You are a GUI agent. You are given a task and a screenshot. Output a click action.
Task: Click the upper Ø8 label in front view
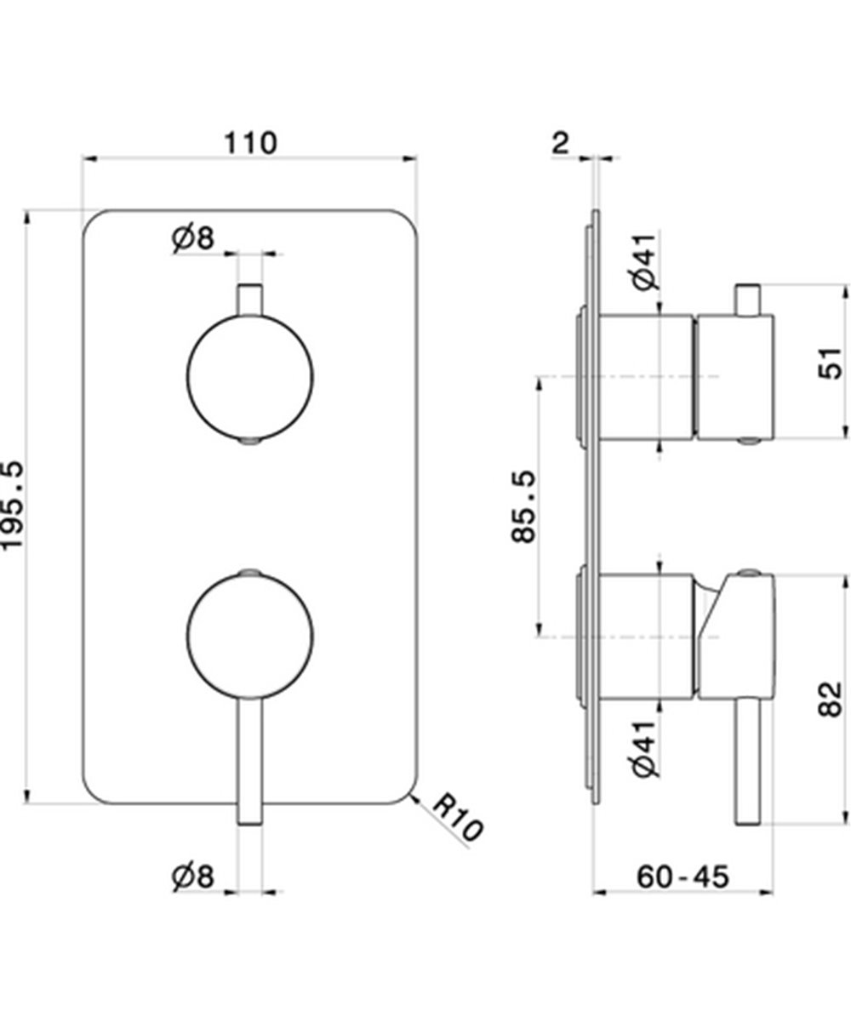pos(191,239)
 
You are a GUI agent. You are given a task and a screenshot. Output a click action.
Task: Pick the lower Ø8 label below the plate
pos(191,877)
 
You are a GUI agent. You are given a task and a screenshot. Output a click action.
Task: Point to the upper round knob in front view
pos(249,377)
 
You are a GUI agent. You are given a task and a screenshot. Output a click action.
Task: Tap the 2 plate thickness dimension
pos(559,142)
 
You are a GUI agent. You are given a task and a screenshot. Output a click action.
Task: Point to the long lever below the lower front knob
pos(249,757)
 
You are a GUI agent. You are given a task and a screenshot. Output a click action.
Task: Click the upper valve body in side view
pos(647,377)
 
